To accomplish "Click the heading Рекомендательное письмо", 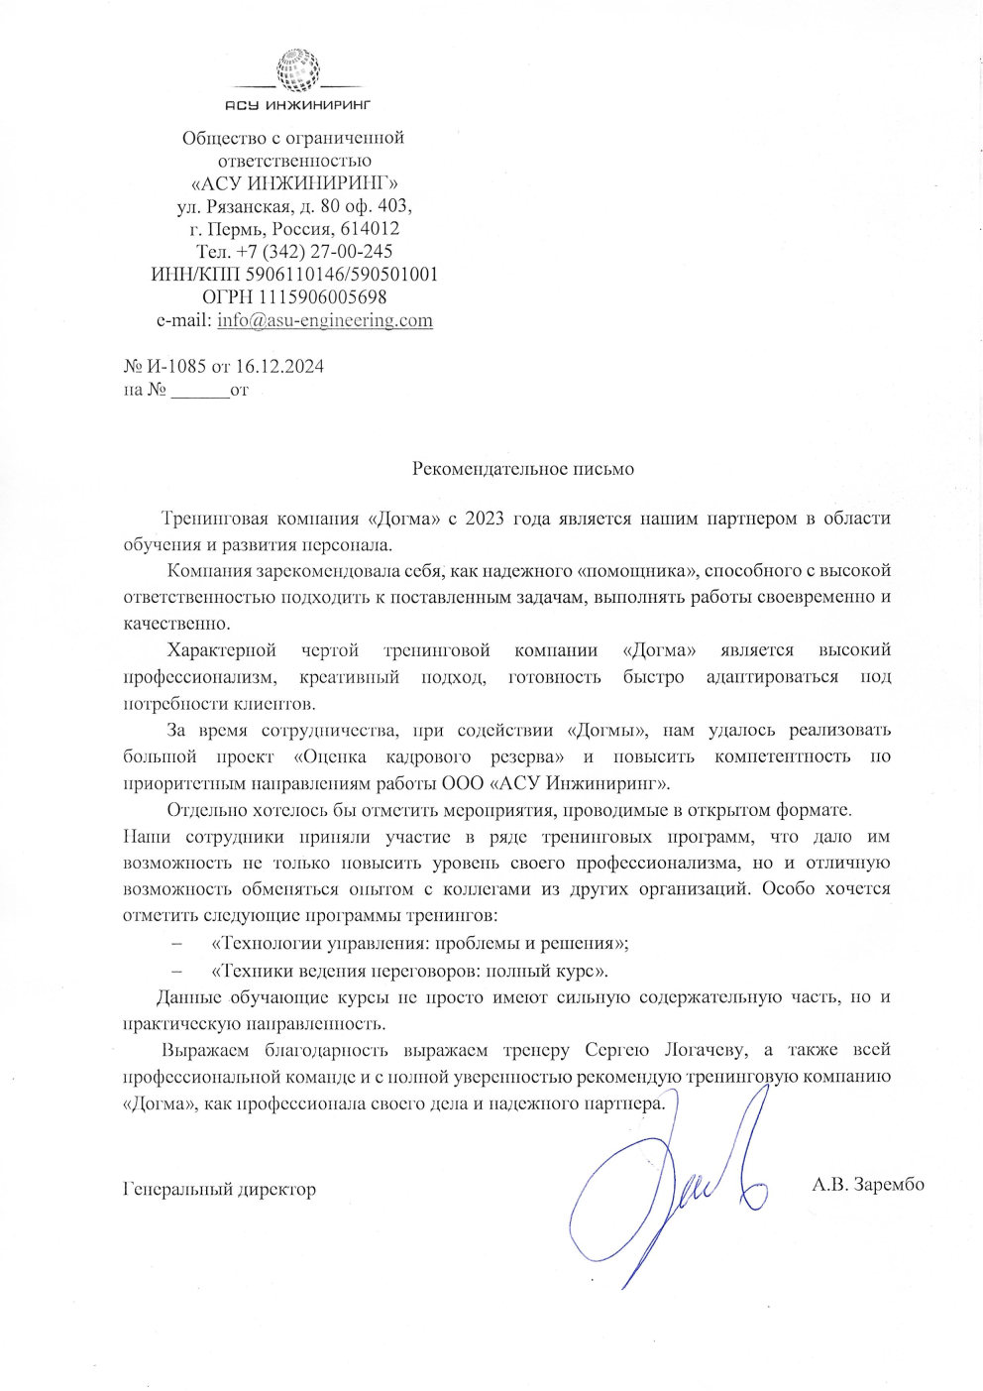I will coord(522,468).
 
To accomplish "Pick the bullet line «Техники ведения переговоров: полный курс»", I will coord(409,970).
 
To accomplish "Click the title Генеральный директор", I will coord(219,1188).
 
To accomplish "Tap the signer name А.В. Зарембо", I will coord(867,1184).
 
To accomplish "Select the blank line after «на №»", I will coord(199,391).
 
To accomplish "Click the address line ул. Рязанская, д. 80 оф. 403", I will coord(293,206).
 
